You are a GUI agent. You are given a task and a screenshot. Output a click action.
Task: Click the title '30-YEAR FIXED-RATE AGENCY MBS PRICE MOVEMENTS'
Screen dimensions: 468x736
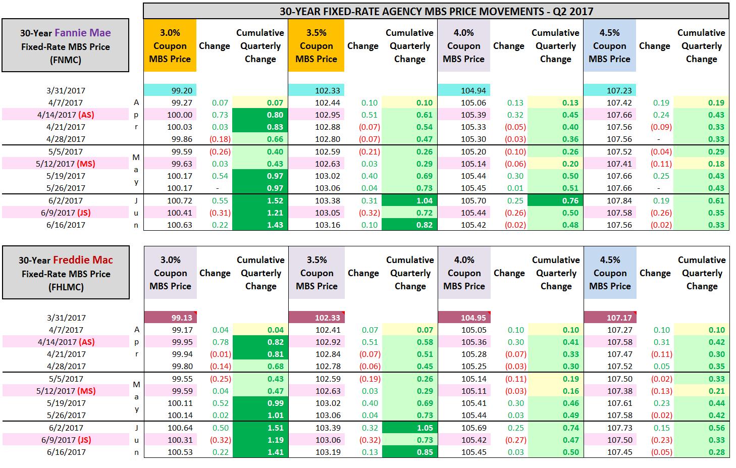click(436, 11)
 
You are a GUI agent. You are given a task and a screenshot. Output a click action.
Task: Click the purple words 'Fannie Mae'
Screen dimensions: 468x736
click(82, 33)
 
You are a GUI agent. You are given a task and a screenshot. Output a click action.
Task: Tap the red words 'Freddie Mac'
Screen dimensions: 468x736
click(83, 260)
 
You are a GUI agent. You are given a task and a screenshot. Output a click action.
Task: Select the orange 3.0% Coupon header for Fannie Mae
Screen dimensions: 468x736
click(170, 46)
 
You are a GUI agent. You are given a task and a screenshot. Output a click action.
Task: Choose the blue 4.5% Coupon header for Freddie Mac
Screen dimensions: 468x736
click(610, 273)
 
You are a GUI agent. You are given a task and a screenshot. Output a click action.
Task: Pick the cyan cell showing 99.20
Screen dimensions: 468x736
click(170, 90)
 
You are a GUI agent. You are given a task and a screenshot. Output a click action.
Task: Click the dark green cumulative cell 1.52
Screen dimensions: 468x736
click(260, 200)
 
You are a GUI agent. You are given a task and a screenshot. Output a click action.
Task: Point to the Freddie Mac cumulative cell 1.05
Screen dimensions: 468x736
click(409, 428)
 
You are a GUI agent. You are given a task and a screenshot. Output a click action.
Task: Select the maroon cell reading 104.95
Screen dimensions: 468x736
click(464, 318)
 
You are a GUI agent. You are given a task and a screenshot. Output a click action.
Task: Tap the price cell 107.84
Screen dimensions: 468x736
click(609, 200)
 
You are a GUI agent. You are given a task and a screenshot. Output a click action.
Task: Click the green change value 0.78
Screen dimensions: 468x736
click(220, 342)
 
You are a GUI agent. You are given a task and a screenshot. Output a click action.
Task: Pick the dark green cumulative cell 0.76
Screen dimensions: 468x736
click(555, 200)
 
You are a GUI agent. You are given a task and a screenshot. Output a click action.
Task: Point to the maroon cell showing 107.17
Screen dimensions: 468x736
click(610, 318)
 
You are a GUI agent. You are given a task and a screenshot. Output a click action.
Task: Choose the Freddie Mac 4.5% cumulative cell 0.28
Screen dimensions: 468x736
click(701, 452)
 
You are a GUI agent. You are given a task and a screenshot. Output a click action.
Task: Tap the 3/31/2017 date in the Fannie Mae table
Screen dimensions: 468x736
click(66, 90)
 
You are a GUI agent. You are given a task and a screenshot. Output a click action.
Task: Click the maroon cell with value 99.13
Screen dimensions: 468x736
click(170, 318)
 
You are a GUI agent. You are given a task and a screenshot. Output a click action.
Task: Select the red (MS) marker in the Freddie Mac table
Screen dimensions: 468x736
click(86, 391)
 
